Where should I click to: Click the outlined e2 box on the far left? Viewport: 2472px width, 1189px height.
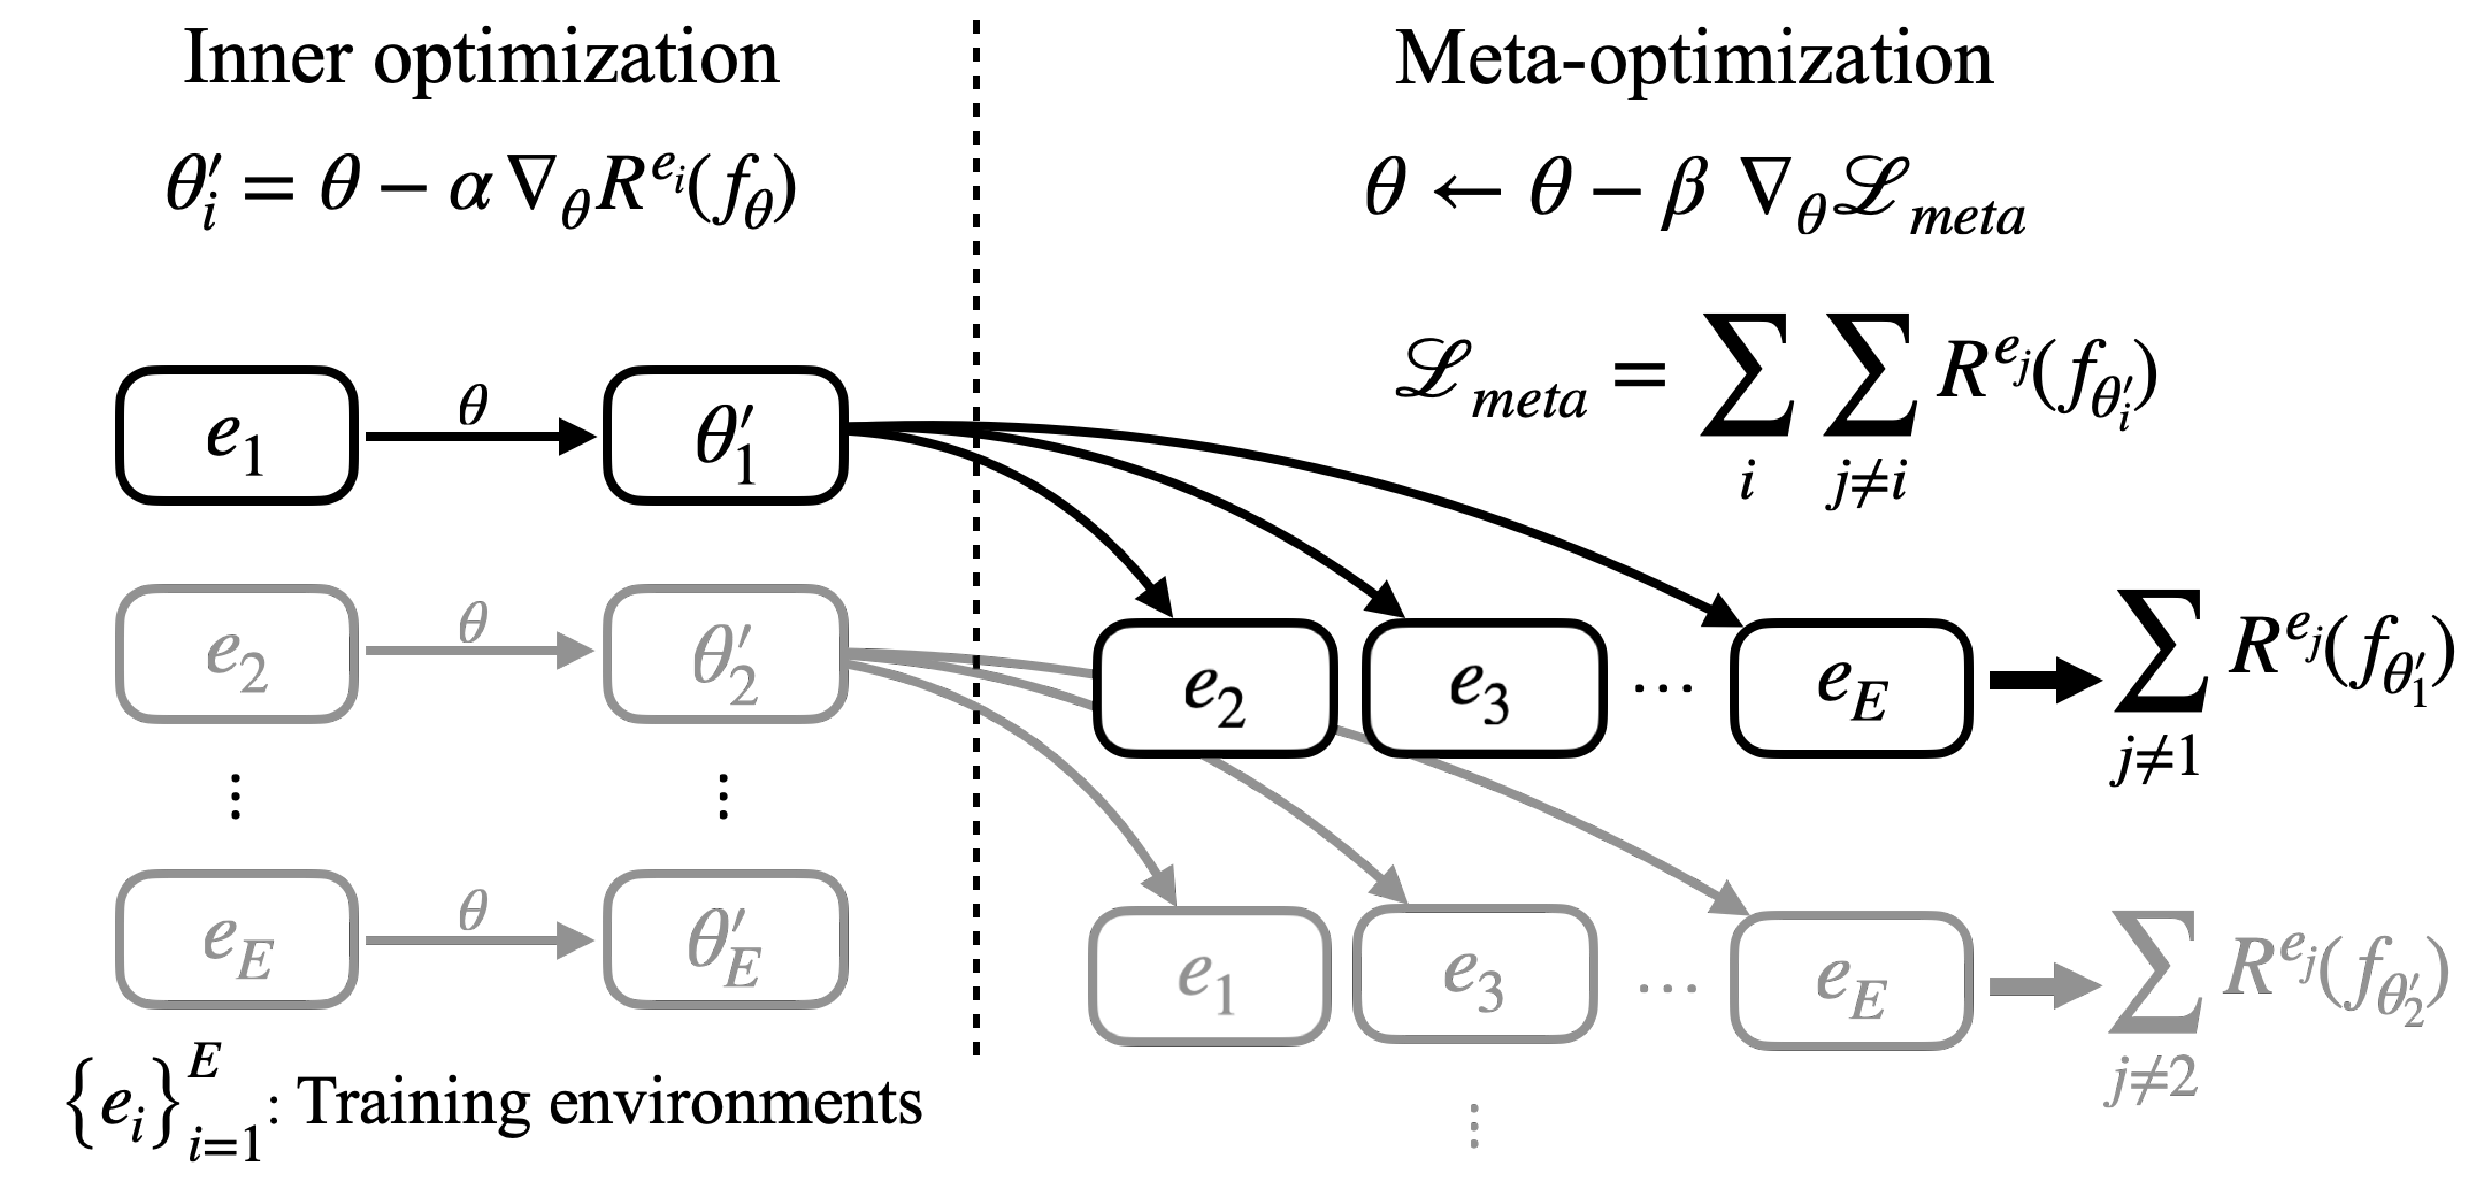click(237, 654)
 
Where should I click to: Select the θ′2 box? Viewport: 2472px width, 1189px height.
click(725, 654)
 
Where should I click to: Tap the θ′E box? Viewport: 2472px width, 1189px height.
click(725, 939)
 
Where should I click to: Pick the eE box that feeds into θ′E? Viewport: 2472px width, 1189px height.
click(237, 939)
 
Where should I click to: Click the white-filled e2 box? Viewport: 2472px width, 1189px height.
click(1215, 688)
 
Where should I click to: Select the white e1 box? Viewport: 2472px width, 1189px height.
click(1209, 976)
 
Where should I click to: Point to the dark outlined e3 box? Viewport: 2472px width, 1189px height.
click(1475, 974)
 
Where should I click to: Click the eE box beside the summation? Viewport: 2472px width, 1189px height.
click(1851, 980)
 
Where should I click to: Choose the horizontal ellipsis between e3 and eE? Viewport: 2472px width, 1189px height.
click(1667, 986)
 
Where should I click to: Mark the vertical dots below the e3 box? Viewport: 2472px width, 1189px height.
click(1475, 1126)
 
